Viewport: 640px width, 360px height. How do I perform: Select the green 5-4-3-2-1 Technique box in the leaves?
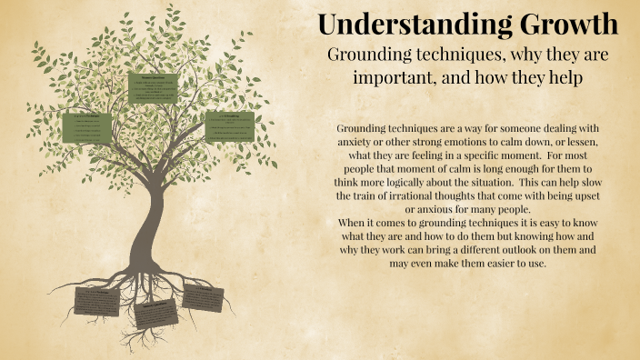86,127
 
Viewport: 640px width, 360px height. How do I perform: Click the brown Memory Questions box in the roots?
157,314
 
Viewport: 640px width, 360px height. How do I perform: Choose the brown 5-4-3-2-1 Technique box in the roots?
96,301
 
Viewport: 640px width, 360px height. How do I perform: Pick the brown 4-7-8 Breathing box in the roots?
203,296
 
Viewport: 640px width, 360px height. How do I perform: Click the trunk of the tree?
145,227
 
